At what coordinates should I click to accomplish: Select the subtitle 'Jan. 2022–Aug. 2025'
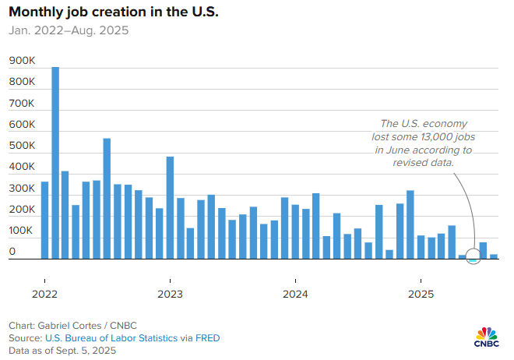(69, 31)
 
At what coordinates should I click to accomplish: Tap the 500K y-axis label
(22, 146)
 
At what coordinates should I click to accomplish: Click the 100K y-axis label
(22, 231)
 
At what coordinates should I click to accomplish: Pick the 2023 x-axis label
(170, 294)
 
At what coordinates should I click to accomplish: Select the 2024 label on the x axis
(295, 294)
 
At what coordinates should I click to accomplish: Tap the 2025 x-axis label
(421, 294)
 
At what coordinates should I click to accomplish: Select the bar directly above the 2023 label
(170, 207)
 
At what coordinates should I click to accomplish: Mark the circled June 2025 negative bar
(473, 259)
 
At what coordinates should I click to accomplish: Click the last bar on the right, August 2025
(494, 256)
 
